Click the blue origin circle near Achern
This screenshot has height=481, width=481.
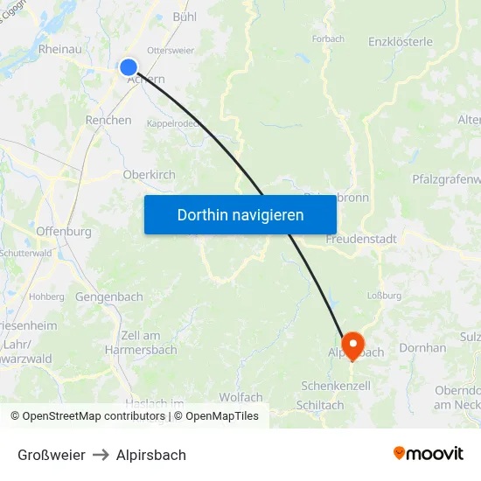point(129,67)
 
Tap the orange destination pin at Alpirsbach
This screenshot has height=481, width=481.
point(352,343)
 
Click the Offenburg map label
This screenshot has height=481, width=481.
point(64,232)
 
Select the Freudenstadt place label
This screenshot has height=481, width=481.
point(361,239)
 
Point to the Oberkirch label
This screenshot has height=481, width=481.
point(149,175)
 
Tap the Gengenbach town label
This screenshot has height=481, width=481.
point(109,297)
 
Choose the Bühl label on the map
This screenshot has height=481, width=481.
point(185,17)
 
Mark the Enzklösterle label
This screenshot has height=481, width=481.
point(401,41)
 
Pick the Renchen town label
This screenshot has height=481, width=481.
point(108,120)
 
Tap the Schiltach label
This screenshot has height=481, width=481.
point(320,405)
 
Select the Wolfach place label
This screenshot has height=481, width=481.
point(240,398)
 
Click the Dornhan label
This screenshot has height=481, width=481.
point(422,348)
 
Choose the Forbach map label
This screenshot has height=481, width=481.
point(328,38)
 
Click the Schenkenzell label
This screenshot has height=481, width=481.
point(335,386)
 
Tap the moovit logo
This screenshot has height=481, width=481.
point(429,454)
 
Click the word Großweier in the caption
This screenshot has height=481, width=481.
point(52,455)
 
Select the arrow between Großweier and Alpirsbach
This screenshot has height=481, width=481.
point(101,455)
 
